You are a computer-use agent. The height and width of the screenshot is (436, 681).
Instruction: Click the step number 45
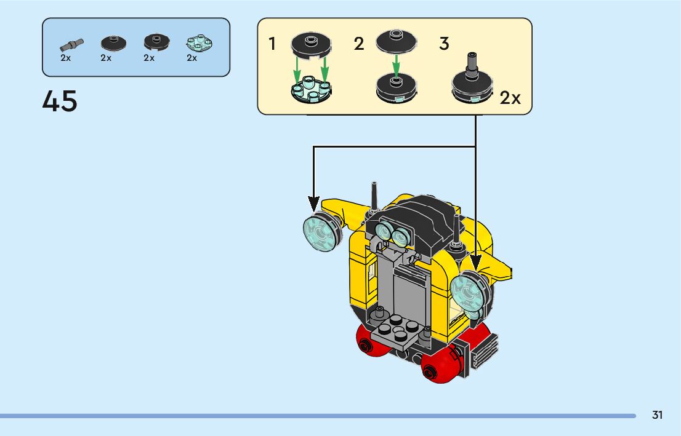click(x=60, y=101)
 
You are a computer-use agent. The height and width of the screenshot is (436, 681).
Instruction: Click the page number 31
click(x=658, y=415)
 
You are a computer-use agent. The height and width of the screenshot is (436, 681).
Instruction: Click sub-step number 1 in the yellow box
click(x=272, y=44)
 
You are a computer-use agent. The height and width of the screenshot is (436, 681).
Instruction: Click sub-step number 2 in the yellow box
click(x=359, y=44)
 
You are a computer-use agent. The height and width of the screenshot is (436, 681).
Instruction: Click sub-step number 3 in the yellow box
click(x=444, y=44)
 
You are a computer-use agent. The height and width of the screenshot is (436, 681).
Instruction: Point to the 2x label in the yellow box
click(x=510, y=98)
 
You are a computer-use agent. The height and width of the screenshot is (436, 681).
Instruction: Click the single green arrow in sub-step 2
click(x=396, y=64)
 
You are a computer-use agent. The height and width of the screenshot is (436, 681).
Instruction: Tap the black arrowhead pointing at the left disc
click(x=314, y=202)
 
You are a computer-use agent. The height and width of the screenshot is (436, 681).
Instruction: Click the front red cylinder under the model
click(x=440, y=366)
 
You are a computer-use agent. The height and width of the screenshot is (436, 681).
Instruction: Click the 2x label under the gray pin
click(x=66, y=58)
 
